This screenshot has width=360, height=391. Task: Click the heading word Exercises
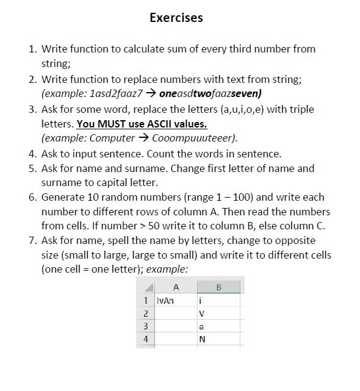click(x=176, y=18)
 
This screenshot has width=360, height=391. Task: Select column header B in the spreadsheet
click(x=218, y=287)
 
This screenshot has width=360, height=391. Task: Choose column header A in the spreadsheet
click(x=176, y=287)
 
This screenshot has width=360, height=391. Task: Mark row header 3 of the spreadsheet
click(x=146, y=326)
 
